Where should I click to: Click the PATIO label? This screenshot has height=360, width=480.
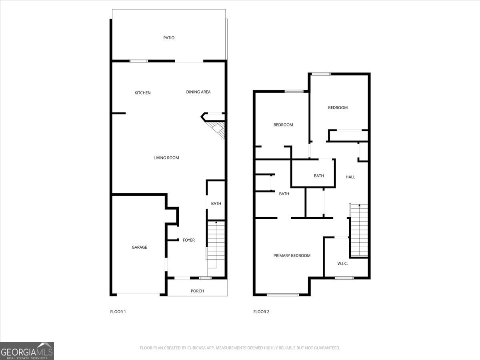[169, 38]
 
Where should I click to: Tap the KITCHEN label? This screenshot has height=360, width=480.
[142, 93]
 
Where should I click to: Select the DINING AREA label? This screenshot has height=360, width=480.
[198, 92]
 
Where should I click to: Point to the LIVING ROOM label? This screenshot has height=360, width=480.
[166, 158]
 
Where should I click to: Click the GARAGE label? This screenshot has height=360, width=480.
[139, 247]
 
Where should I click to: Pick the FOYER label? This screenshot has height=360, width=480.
[188, 240]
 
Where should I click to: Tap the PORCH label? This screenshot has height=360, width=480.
[197, 291]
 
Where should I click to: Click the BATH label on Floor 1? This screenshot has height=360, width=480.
[216, 204]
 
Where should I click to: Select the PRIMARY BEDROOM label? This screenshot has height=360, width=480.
[292, 256]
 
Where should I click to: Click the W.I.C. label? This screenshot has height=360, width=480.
[342, 263]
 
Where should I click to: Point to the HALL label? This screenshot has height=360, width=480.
[350, 177]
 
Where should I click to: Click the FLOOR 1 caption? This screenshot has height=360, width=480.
[118, 312]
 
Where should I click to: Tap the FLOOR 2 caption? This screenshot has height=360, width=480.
[261, 312]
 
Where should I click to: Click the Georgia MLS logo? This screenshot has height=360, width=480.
[27, 351]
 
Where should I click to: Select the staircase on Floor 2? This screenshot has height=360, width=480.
[359, 231]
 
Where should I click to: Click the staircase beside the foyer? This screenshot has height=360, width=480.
[216, 244]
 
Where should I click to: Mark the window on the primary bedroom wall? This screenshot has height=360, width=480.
[282, 295]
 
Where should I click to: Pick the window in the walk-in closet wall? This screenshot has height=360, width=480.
[344, 278]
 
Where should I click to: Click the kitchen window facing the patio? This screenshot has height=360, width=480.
[138, 61]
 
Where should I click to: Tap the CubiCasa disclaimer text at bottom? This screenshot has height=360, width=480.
[240, 348]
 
